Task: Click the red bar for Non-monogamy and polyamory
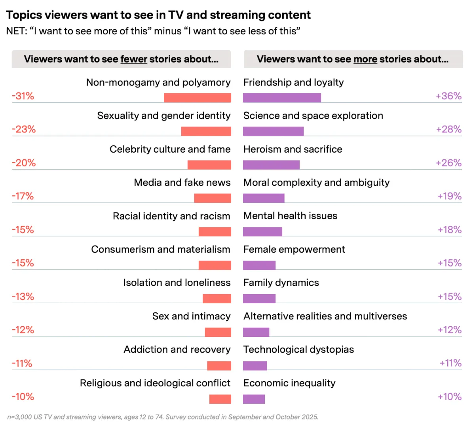tap(197, 98)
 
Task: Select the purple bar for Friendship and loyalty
tap(282, 98)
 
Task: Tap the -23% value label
tap(24, 129)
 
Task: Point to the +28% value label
tap(449, 129)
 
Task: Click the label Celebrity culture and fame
tap(170, 149)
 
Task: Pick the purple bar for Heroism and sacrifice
tap(271, 164)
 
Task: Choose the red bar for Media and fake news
tap(213, 198)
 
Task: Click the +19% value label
tap(449, 196)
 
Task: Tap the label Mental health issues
tap(290, 216)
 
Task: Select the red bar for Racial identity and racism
tap(215, 231)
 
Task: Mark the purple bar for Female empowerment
tap(259, 265)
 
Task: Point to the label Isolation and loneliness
tap(177, 283)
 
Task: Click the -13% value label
tap(23, 297)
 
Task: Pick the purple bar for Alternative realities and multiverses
tap(256, 332)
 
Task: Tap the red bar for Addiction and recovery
tap(219, 365)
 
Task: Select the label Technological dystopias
tap(298, 350)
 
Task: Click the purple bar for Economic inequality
tap(254, 399)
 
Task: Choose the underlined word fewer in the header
tap(134, 59)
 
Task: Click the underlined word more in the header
tap(365, 59)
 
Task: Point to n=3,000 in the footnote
tap(19, 417)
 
